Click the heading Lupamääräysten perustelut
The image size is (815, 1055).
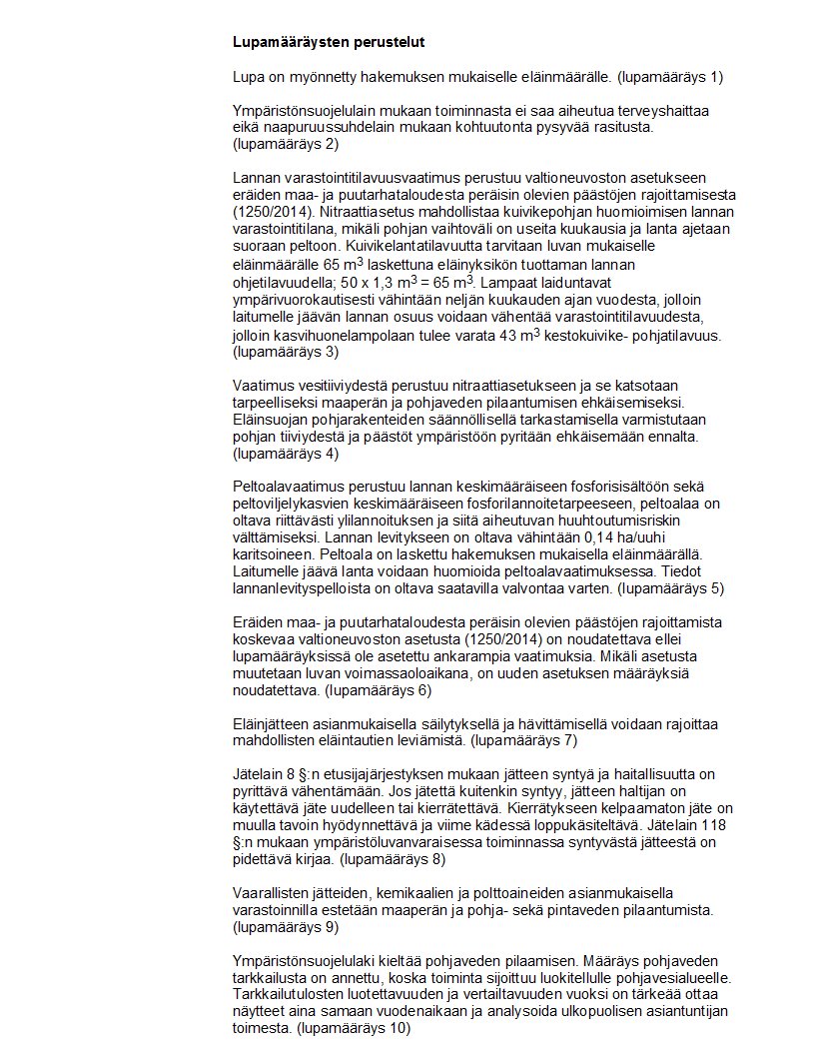coord(329,45)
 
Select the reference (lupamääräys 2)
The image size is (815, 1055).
coord(285,145)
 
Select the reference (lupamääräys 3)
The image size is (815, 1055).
coord(285,352)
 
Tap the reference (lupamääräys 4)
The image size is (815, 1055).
coord(285,455)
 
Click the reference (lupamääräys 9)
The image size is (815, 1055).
coord(285,927)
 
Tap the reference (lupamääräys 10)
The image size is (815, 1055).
coord(356,1028)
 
